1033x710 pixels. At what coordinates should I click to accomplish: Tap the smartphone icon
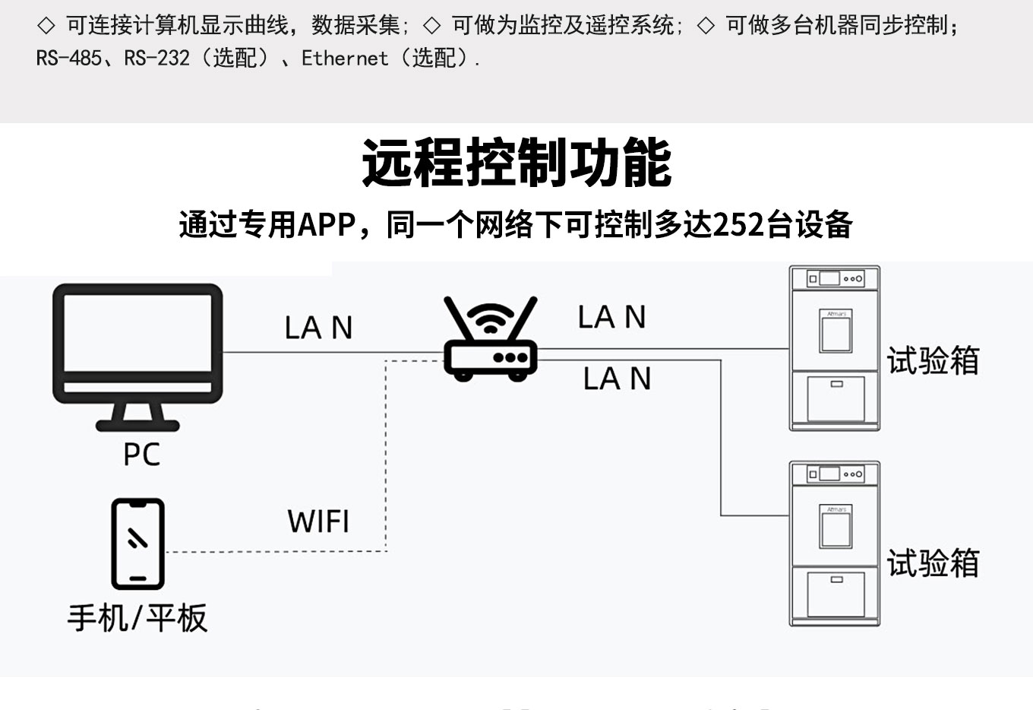(137, 544)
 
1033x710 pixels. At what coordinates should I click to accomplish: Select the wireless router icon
(491, 341)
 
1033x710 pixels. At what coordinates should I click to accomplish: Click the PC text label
(141, 455)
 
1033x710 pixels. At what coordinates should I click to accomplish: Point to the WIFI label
(318, 521)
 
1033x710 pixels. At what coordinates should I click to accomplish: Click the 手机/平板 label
(137, 618)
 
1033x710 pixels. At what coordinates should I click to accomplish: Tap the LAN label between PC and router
(318, 328)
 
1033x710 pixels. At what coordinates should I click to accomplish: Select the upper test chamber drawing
(835, 348)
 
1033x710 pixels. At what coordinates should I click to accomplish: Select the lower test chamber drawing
(835, 544)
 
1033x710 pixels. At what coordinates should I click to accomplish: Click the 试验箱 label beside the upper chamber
(933, 360)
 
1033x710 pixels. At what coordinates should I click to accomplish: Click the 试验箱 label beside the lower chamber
(933, 563)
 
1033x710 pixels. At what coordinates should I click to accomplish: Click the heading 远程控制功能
(516, 163)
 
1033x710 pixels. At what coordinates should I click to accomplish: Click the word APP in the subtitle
(327, 225)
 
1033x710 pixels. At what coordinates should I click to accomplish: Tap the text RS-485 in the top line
(69, 58)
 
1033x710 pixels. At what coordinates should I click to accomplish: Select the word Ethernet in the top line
(344, 58)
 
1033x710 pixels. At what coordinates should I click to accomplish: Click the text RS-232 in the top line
(157, 58)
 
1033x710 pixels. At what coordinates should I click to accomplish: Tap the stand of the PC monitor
(137, 416)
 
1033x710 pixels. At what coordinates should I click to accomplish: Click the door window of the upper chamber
(836, 332)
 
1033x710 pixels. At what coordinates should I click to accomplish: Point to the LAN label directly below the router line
(617, 379)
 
